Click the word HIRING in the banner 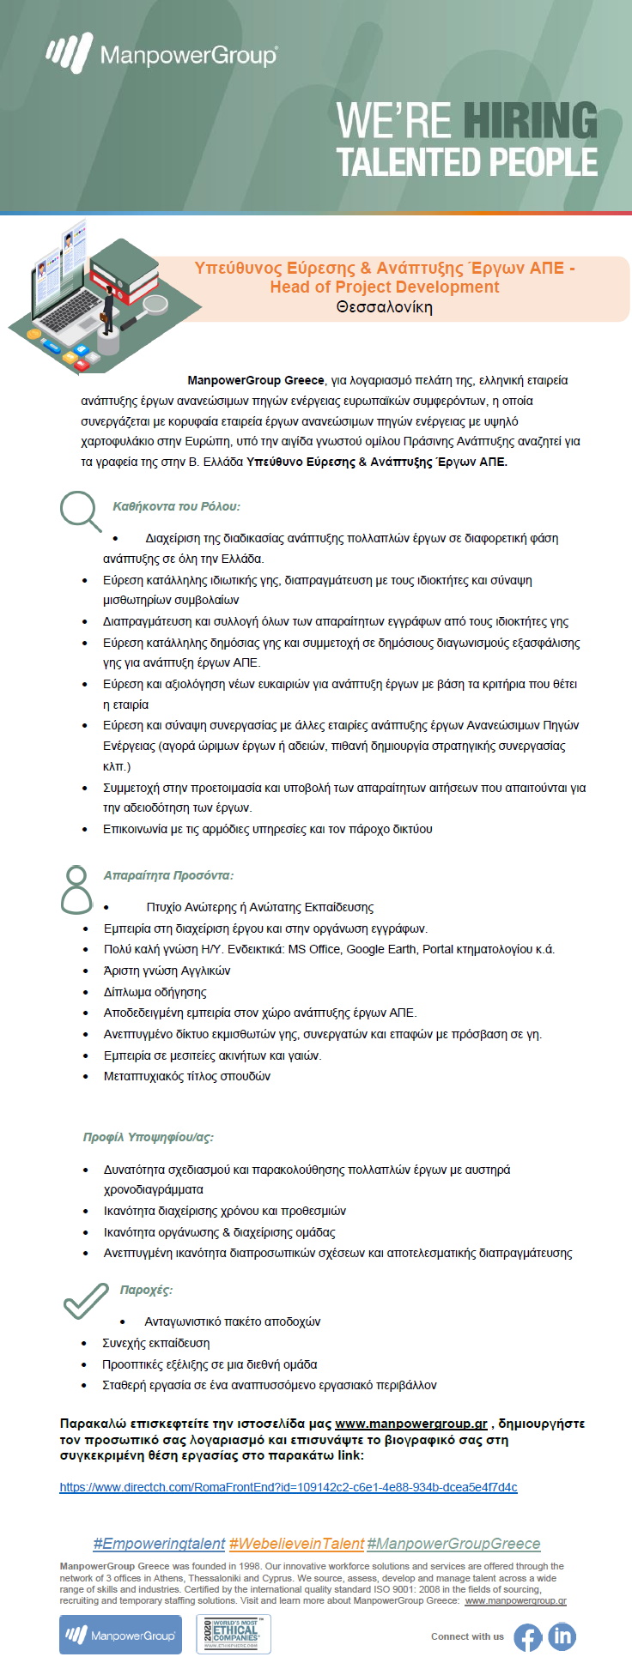point(530,120)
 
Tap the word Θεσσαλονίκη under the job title point(384,307)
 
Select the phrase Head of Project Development point(384,287)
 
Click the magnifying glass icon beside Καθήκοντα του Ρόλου point(81,510)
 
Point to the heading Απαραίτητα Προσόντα point(168,875)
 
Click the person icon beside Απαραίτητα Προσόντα point(76,889)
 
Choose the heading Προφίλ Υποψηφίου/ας point(149,1137)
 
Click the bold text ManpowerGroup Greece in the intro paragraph point(256,380)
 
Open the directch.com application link point(289,1487)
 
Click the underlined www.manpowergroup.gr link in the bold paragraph point(410,1424)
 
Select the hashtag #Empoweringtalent point(159,1544)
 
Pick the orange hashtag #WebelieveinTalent point(296,1544)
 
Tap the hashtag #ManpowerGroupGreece point(453,1544)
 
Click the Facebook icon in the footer point(528,1636)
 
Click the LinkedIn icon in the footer point(562,1636)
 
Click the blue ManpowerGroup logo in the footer point(120,1635)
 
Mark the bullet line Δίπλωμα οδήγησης point(155,992)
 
